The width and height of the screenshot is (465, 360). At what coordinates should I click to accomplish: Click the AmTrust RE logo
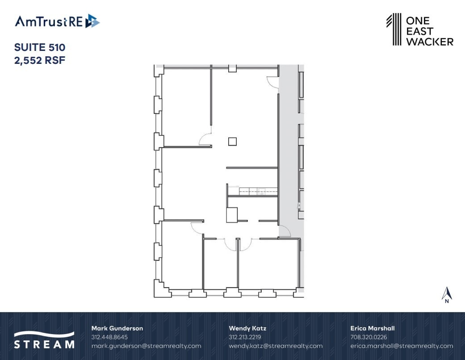57,21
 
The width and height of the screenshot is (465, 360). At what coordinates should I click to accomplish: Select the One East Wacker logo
419,29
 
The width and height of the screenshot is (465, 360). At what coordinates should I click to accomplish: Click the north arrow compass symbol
447,295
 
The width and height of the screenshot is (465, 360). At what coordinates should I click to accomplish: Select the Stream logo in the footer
44,339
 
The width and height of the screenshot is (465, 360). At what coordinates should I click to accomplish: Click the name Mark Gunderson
117,328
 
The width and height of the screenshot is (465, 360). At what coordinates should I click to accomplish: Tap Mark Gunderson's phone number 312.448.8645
109,337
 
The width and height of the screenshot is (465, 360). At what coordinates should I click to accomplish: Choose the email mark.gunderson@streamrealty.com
146,346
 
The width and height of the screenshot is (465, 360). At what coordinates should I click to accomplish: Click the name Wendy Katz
247,328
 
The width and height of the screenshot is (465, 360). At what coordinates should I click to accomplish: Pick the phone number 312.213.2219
245,337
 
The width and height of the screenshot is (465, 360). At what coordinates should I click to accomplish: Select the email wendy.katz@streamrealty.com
276,346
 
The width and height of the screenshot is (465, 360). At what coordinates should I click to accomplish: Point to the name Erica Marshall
373,328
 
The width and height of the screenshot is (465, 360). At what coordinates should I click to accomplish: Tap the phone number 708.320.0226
369,337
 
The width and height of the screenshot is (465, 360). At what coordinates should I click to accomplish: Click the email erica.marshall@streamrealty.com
402,346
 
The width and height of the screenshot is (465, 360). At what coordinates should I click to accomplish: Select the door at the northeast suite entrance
273,82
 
